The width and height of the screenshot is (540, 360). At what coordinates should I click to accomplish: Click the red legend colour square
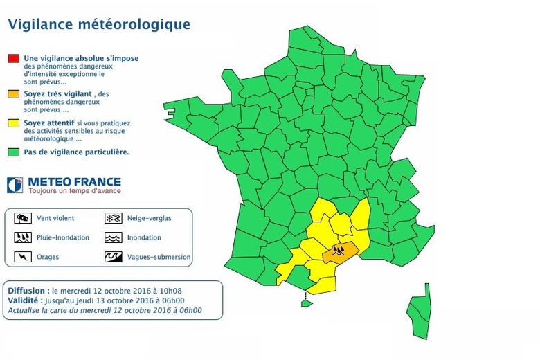[x=13, y=59]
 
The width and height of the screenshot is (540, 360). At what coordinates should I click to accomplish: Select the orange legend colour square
[x=13, y=93]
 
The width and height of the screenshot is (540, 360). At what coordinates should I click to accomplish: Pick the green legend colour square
[x=13, y=152]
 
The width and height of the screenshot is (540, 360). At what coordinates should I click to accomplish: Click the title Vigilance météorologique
[x=99, y=25]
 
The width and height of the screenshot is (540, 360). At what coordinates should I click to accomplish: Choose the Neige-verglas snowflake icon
[x=113, y=218]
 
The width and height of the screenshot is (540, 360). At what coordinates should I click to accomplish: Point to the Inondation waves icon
[x=113, y=237]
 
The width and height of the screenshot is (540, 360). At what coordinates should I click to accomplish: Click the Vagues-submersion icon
[x=113, y=257]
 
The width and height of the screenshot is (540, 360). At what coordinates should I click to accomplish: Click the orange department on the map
[x=346, y=252]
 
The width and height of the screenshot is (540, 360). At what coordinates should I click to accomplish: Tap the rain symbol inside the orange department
[x=339, y=250]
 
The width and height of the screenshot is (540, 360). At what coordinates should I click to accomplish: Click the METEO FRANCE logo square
[x=15, y=186]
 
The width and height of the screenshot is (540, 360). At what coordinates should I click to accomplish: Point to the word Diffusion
[x=28, y=291]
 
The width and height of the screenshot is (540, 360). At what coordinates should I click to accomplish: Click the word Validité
[x=26, y=301]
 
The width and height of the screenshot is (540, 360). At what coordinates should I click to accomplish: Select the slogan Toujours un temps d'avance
[x=74, y=191]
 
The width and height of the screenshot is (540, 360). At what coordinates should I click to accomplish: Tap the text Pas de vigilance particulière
[x=76, y=152]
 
